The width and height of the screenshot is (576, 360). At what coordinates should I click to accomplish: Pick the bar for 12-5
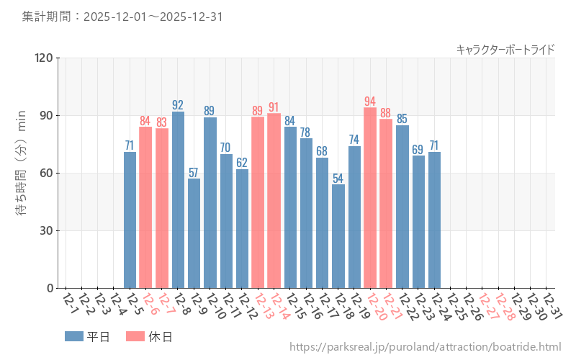[x=130, y=220]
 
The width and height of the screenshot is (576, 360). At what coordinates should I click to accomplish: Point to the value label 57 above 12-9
[x=194, y=172]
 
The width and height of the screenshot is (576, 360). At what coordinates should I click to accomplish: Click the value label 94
[x=370, y=102]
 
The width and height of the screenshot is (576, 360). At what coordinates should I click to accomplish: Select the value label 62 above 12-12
[x=242, y=163]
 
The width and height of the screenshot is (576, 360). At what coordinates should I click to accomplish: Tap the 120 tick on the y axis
[x=44, y=58]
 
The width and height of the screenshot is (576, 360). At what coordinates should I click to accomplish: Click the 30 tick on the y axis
[x=47, y=231]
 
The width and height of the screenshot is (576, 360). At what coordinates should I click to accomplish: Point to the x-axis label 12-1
[x=69, y=305]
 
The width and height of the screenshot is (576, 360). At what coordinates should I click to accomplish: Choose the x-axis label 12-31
[x=552, y=305]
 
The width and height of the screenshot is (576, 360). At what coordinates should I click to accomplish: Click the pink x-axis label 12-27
[x=487, y=305]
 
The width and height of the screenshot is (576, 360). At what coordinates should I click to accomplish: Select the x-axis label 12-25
[x=456, y=305]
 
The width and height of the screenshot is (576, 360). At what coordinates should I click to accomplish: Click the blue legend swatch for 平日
[x=74, y=336]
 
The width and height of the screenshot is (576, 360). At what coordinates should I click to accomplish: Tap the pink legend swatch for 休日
[x=135, y=336]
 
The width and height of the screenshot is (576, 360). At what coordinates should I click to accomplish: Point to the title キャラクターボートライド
[x=505, y=50]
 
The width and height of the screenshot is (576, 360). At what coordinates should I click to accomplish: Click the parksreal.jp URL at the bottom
[x=425, y=347]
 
